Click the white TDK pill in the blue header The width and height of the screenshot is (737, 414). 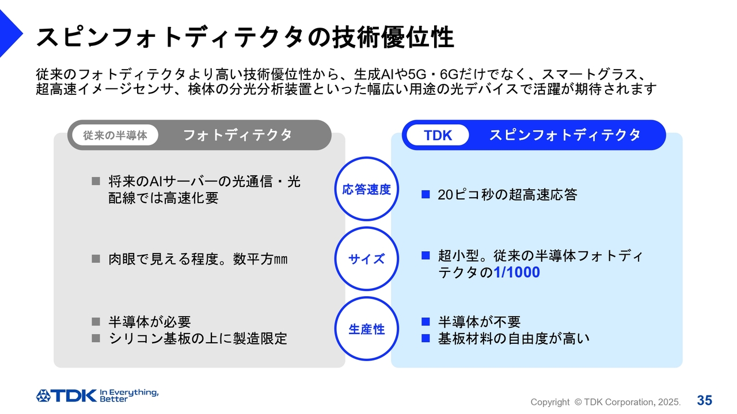438,135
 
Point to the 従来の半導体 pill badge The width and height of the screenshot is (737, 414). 115,135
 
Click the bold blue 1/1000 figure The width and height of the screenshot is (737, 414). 516,273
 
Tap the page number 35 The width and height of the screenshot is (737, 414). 704,401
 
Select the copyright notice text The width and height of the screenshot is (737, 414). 605,402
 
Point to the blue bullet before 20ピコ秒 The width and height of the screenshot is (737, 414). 426,194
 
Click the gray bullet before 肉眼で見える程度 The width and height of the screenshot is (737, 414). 96,259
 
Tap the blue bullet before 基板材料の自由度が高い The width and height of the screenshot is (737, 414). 426,338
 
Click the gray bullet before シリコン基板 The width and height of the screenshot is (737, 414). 96,338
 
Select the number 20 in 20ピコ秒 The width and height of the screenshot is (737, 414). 446,195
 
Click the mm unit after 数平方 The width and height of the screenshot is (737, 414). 281,259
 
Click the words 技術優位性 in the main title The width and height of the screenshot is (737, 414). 393,37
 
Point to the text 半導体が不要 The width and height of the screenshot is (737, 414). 479,321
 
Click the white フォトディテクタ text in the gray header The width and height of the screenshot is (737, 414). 238,135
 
